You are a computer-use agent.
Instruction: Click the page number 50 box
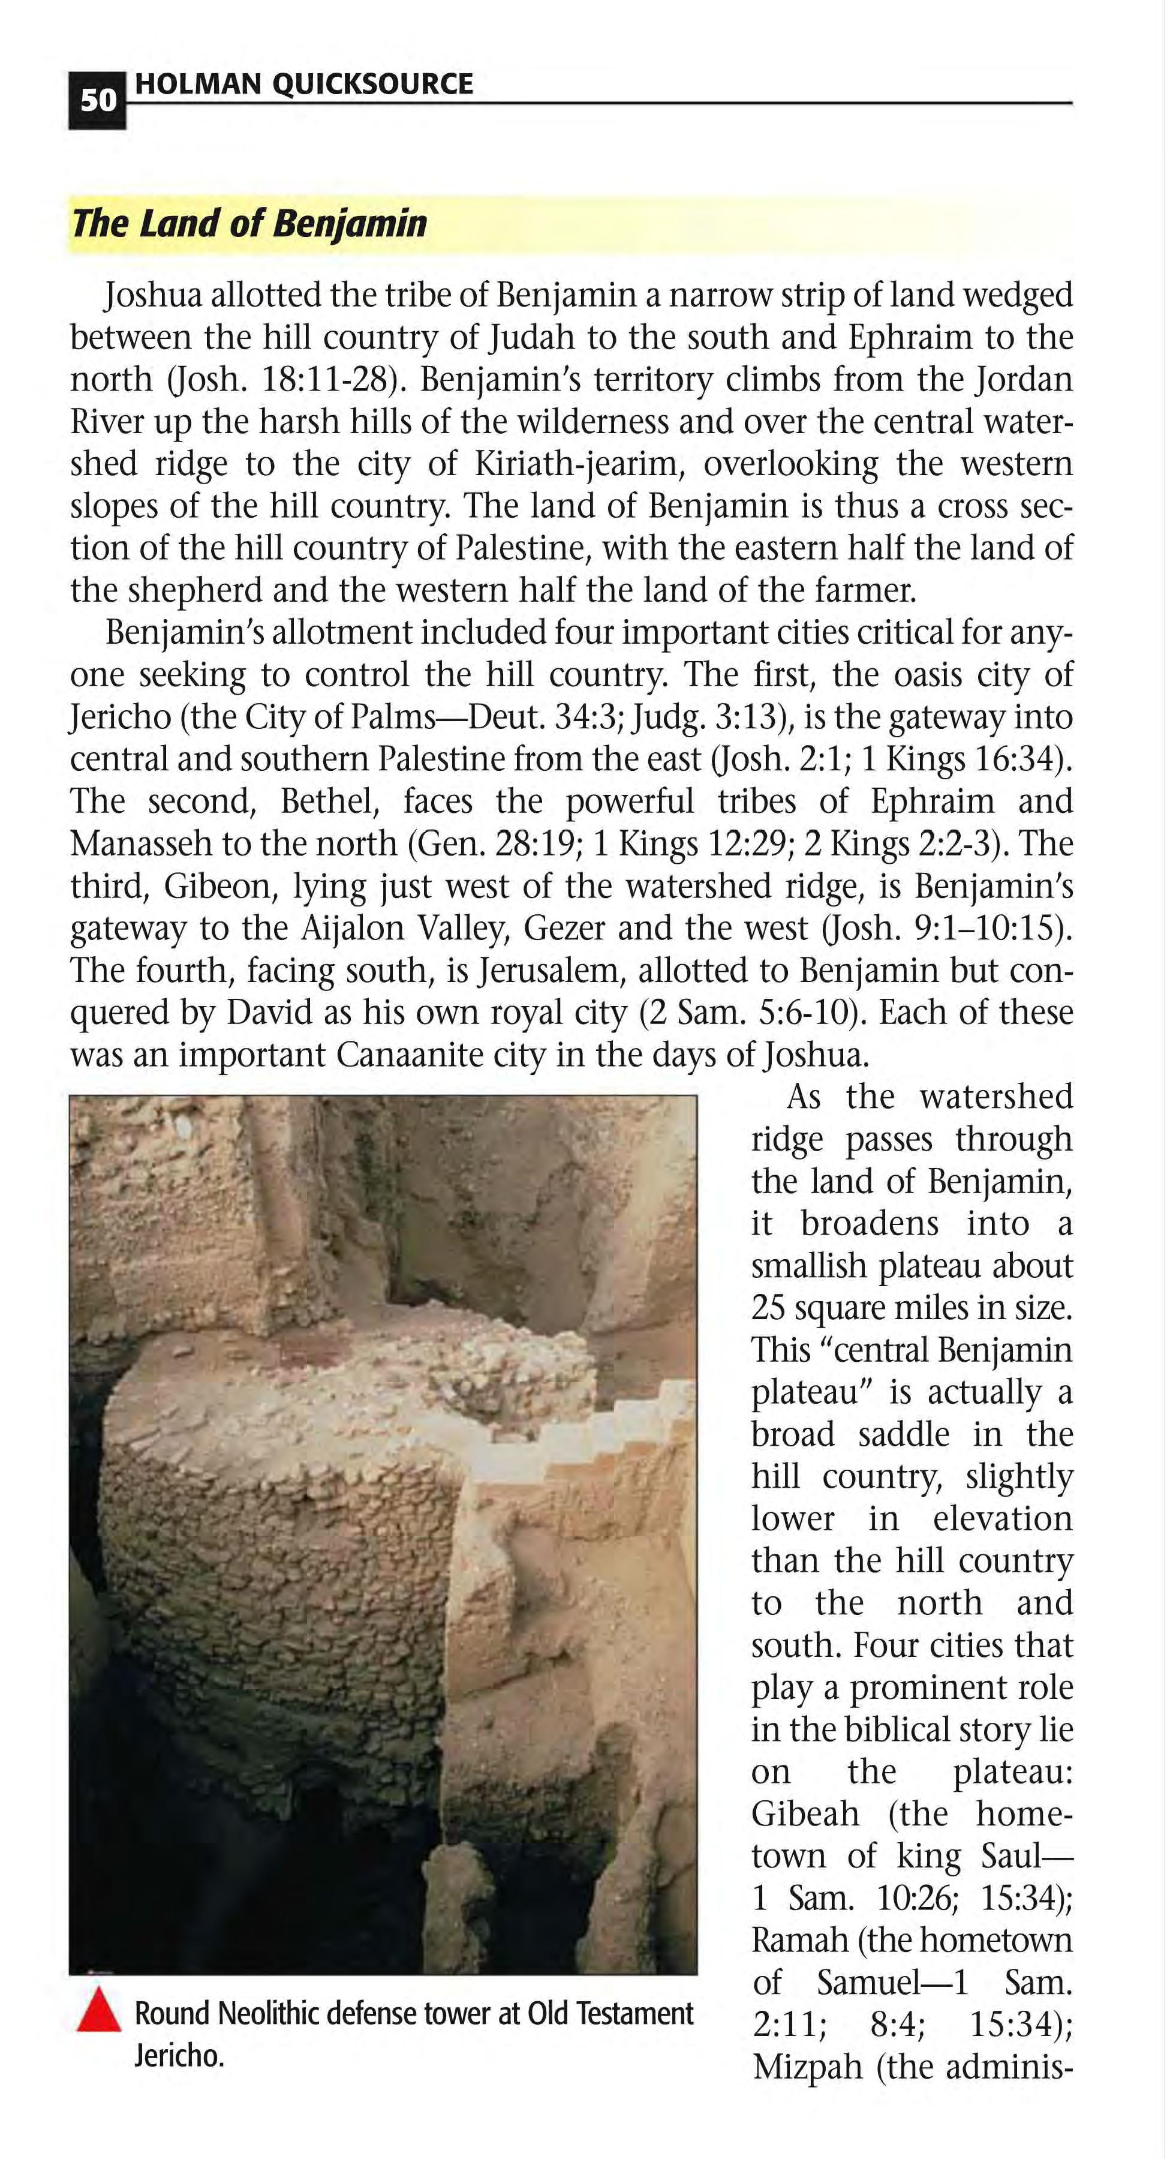(97, 101)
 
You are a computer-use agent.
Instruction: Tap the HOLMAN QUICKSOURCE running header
(303, 84)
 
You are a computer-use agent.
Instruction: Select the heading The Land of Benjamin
(249, 224)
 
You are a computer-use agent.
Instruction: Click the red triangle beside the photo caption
(99, 2011)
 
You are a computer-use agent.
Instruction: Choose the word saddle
(904, 1434)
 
